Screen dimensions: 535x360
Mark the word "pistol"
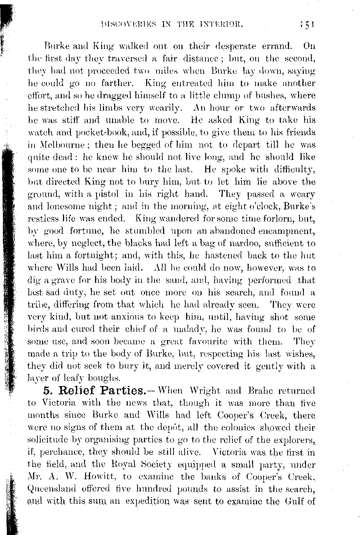109,194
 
